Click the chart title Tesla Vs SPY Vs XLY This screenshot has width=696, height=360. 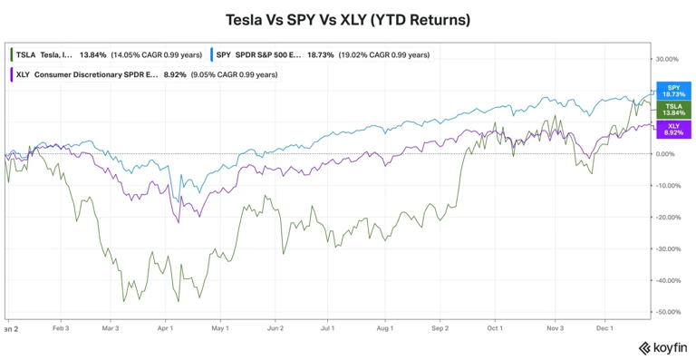pos(348,19)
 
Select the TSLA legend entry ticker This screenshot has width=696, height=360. pos(25,55)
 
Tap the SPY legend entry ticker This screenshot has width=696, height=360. pos(224,55)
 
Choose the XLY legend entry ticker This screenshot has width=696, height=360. pos(24,74)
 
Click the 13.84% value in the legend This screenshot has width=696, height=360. pos(93,55)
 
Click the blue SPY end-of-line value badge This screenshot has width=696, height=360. pos(672,91)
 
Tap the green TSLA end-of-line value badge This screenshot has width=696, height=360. pos(672,110)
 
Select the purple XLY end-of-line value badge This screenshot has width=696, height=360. pos(672,129)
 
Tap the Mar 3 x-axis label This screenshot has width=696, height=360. pos(111,327)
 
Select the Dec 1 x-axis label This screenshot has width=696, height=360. pos(606,327)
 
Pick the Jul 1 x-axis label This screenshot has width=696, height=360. pos(328,327)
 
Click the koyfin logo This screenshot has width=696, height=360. pos(662,347)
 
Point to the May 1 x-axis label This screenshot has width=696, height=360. pos(221,327)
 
